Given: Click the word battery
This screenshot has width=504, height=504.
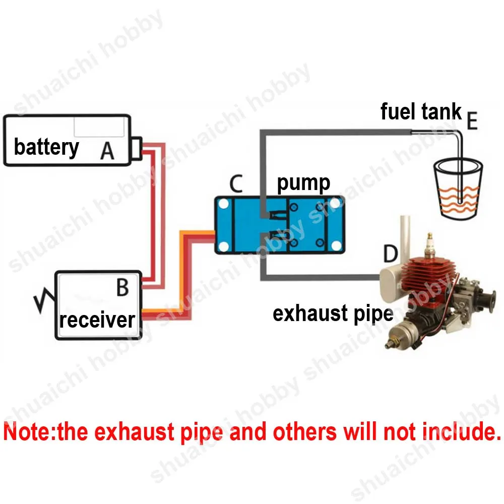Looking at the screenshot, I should coord(46,147).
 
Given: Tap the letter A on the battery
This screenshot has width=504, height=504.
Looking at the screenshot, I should coord(107,150).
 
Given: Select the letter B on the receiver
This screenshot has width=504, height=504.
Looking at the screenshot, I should coord(122,288).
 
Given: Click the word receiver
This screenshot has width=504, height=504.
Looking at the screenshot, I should coord(97,320).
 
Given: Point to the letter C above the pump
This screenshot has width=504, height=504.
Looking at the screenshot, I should coord(234,185).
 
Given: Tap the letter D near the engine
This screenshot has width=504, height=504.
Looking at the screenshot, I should coord(390,255).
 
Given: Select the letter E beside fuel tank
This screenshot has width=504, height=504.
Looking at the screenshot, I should coord(472,122).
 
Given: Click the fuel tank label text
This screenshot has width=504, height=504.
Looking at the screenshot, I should coord(421,111).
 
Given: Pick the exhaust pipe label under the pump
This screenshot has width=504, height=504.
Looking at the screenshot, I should coord(333,313).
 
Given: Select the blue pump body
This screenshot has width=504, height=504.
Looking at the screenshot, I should coord(280,225).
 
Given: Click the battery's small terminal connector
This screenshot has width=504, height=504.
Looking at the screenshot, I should coord(136,148).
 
